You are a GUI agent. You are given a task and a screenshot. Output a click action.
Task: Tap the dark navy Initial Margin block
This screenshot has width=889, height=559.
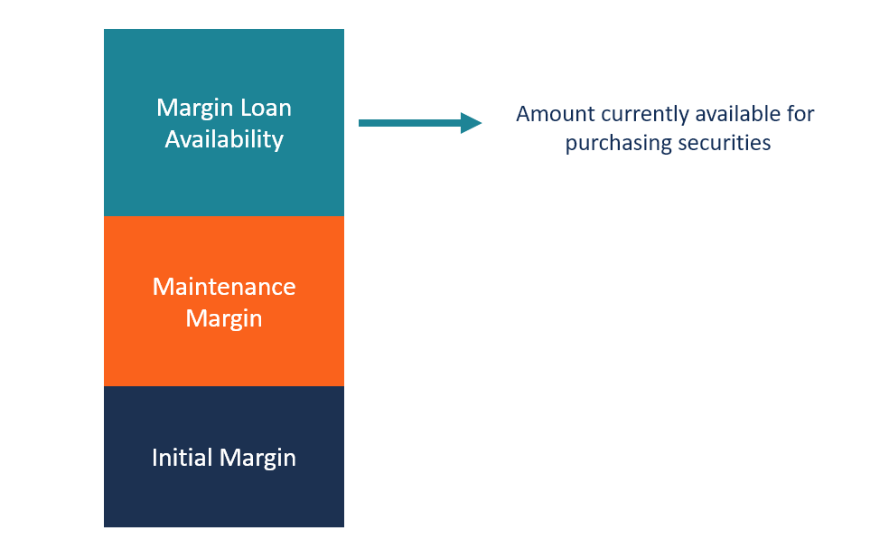[x=223, y=493]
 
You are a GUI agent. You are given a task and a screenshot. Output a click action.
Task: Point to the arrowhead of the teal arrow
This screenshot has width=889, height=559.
[x=472, y=123]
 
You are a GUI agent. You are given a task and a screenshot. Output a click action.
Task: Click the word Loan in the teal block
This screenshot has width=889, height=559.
[x=262, y=108]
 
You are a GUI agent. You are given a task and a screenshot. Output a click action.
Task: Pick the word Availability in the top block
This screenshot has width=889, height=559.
[x=224, y=139]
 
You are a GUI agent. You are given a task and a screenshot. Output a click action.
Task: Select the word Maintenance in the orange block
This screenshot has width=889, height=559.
[x=224, y=287]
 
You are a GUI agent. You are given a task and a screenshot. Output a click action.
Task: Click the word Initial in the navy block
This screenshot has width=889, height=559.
[x=179, y=458]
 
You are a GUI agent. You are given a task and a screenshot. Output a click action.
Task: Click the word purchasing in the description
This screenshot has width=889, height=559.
[x=610, y=144]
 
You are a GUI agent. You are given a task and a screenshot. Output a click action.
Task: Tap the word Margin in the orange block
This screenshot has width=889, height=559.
[x=224, y=318]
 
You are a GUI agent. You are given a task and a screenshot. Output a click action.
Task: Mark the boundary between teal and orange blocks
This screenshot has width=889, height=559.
[x=223, y=216]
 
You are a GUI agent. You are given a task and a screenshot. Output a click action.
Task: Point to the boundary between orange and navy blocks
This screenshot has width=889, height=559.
[x=223, y=386]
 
